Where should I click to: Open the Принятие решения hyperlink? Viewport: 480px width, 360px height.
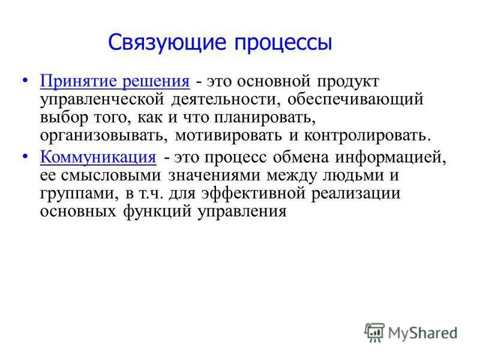(115, 80)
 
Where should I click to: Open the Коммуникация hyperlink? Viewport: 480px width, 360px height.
(98, 158)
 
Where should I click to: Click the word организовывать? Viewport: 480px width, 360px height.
(100, 135)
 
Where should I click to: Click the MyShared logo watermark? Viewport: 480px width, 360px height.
(411, 332)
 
